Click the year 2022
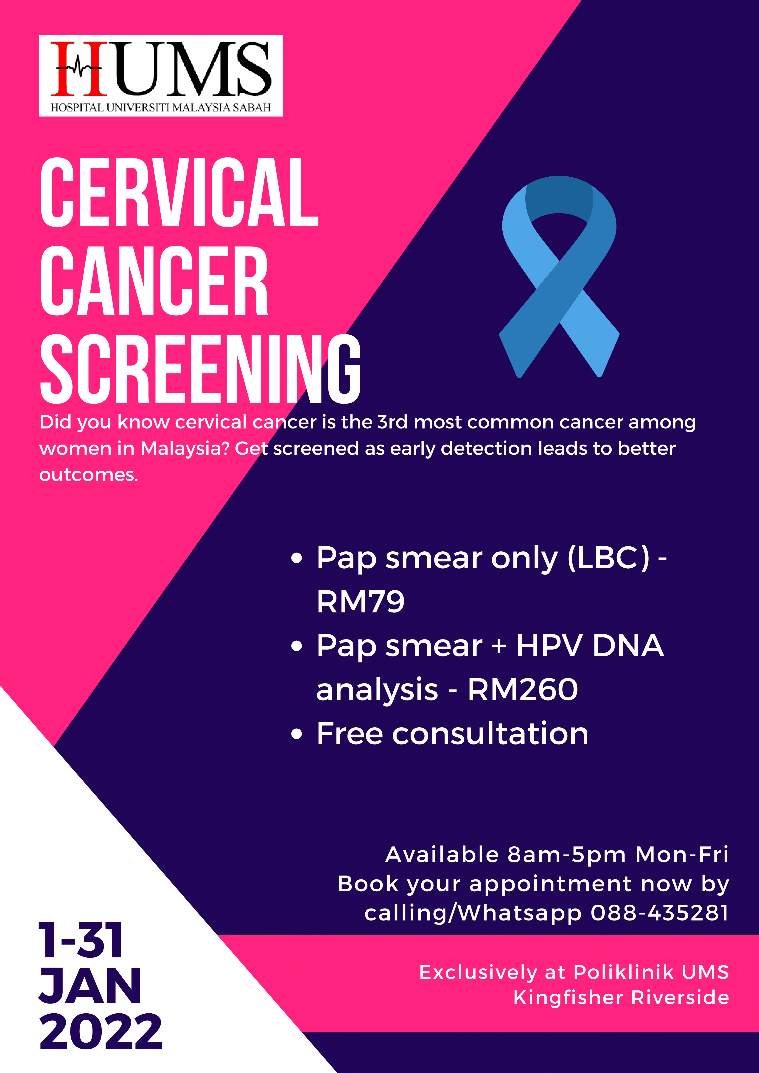click(x=101, y=1032)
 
